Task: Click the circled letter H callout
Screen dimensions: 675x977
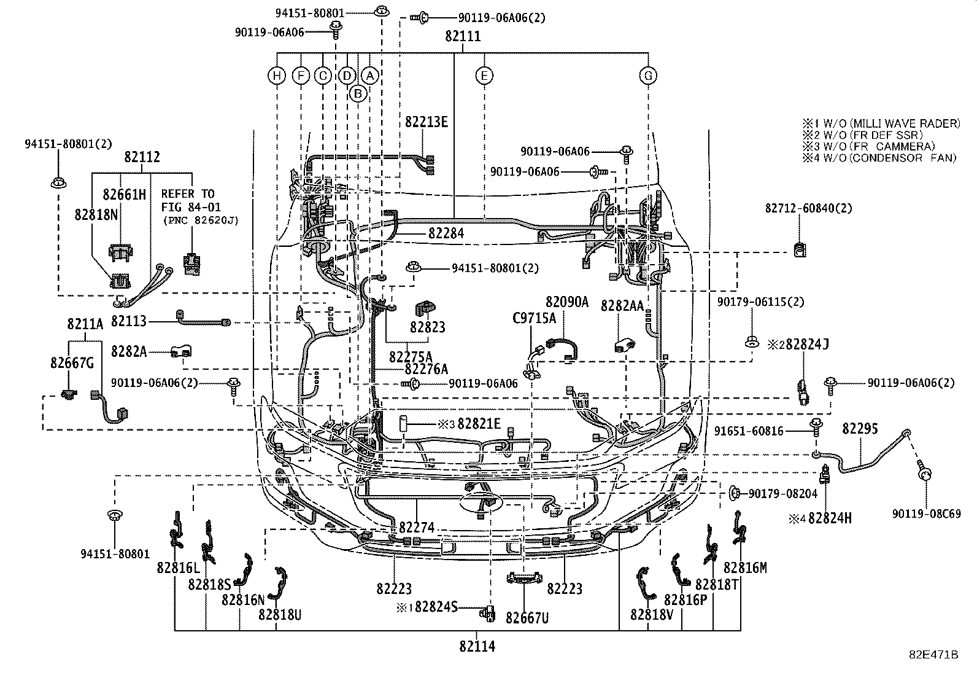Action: [x=277, y=76]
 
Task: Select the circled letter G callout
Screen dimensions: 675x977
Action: [x=648, y=76]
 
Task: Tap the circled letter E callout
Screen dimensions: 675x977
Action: [x=484, y=76]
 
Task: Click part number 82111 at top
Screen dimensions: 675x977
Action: [x=463, y=37]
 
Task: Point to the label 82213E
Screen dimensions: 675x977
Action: [x=426, y=122]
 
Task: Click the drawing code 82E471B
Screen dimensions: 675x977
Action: [x=933, y=655]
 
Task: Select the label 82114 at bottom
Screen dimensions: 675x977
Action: [x=477, y=646]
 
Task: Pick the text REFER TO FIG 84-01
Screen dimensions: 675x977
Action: [x=191, y=200]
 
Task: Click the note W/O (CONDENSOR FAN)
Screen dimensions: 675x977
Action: [x=880, y=158]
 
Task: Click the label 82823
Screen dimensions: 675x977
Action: [x=428, y=328]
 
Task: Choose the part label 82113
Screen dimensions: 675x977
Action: [x=129, y=321]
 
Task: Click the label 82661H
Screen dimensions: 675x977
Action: [x=124, y=195]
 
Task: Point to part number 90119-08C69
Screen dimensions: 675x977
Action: [x=927, y=513]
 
